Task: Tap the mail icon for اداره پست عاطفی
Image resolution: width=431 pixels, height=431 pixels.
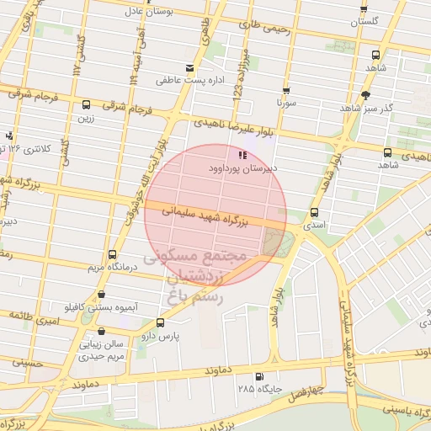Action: click(189, 68)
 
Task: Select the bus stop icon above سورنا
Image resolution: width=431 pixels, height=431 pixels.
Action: click(286, 91)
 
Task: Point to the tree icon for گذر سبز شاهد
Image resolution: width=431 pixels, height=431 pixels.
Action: click(364, 95)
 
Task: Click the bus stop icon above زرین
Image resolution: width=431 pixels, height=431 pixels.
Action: click(86, 105)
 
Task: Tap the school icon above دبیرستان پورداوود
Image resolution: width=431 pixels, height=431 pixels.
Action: click(242, 155)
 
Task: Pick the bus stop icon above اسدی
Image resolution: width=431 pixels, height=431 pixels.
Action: click(315, 213)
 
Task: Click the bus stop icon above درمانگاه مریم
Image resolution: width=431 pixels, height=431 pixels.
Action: click(113, 255)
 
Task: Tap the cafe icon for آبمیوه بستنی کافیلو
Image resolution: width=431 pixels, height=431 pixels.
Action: click(103, 295)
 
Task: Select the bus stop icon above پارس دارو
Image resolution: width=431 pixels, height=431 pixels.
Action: click(160, 322)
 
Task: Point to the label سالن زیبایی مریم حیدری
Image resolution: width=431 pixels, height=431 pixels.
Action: click(102, 350)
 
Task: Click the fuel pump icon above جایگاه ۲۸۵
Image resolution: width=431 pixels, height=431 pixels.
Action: click(258, 376)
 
